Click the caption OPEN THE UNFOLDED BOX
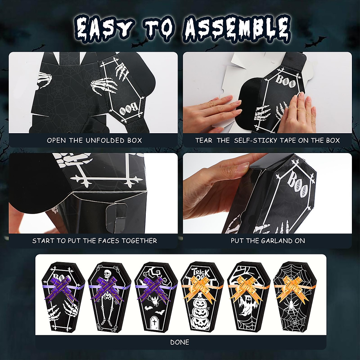tap(94, 140)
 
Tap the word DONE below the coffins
tap(180, 342)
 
